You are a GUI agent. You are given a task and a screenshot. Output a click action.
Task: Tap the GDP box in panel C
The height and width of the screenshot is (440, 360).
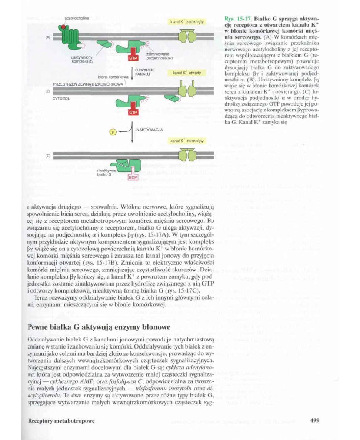133,177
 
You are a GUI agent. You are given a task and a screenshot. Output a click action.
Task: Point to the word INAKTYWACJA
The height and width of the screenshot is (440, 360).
148,130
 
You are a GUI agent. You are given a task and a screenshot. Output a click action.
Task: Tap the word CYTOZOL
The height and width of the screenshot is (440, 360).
60,99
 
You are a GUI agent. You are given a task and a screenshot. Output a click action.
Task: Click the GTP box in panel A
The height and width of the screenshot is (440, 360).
133,57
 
